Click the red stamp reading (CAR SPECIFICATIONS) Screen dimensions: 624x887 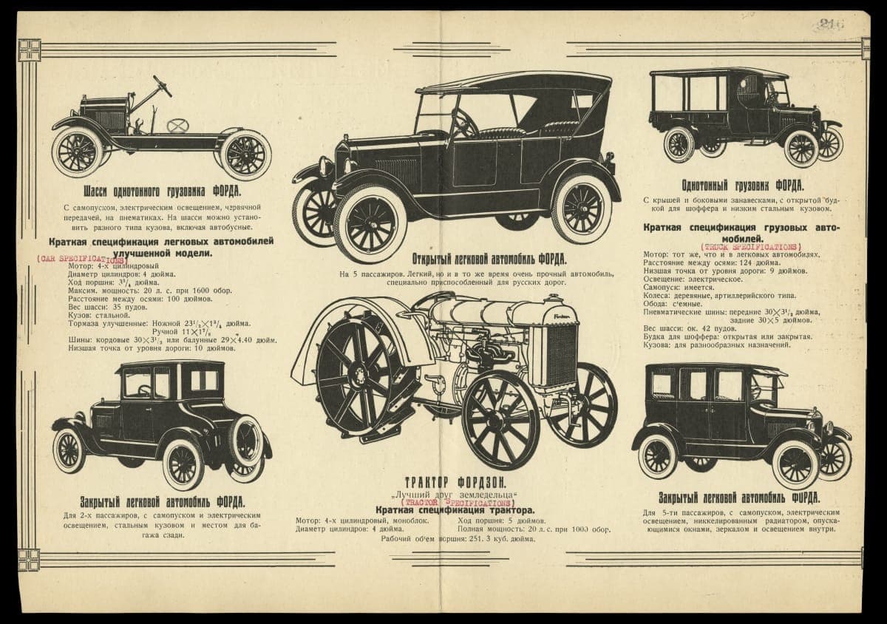pyautogui.click(x=81, y=260)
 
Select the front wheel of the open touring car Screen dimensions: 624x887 pyautogui.click(x=369, y=222)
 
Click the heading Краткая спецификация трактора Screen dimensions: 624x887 pyautogui.click(x=454, y=510)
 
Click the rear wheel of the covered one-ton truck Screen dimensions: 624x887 pyautogui.click(x=680, y=143)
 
